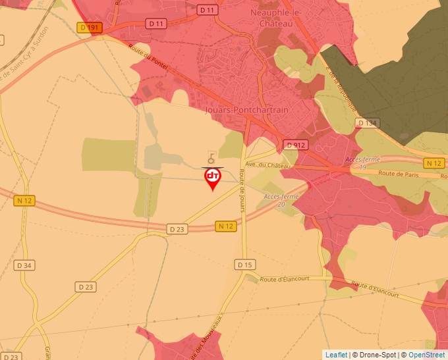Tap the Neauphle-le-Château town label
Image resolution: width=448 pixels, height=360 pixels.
point(275,17)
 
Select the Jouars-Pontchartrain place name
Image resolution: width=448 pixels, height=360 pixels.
point(247,110)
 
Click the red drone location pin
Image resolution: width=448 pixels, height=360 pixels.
point(213,178)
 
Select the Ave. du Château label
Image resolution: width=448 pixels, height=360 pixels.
point(267,166)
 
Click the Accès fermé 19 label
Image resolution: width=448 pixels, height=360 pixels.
point(362,164)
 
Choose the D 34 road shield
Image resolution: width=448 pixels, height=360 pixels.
point(24,265)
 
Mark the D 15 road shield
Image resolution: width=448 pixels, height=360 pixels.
point(244,265)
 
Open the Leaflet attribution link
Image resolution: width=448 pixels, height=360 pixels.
point(336,355)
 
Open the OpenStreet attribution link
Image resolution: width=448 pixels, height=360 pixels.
point(426,355)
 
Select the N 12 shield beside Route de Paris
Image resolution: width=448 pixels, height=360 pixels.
point(433,163)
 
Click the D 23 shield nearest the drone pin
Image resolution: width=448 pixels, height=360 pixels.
point(176,229)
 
